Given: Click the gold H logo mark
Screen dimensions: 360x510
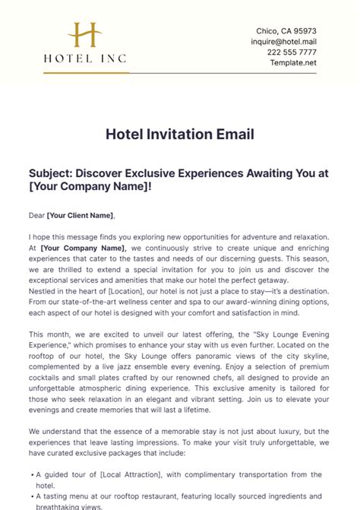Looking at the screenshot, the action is (86, 36).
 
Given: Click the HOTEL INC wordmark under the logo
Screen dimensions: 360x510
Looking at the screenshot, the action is (85, 58).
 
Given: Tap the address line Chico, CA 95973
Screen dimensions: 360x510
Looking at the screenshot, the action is (286, 30).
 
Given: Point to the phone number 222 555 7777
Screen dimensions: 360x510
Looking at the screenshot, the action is (292, 52).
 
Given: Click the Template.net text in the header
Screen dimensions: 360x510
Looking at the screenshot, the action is (293, 62).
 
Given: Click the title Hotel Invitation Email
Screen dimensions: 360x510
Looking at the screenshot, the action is (180, 135).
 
